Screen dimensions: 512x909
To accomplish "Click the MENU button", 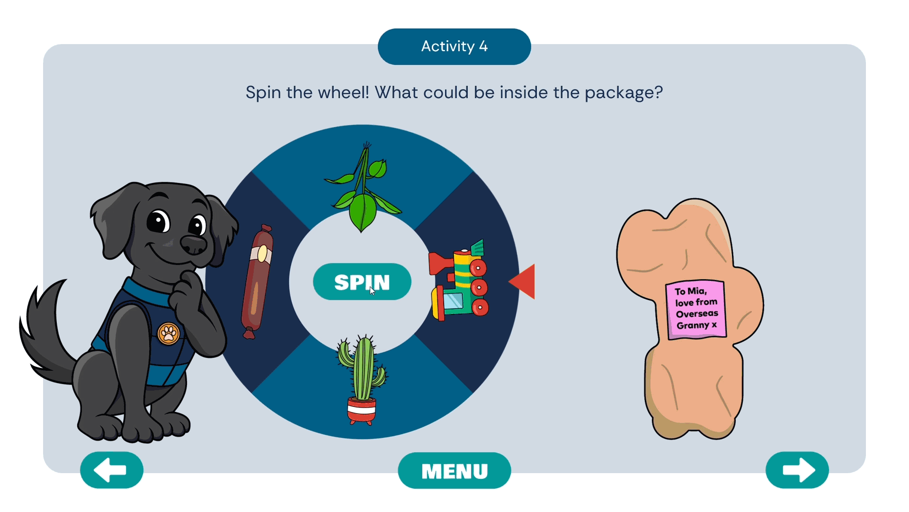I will [x=454, y=471].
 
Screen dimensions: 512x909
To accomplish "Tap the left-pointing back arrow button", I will [x=112, y=470].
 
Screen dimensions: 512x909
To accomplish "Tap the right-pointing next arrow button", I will [x=797, y=470].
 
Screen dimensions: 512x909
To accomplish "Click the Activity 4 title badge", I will [x=454, y=46].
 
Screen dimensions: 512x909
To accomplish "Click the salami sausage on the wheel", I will [x=257, y=282].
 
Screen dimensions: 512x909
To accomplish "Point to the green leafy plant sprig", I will [x=363, y=190].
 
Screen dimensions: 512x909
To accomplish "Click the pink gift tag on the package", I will [x=695, y=309].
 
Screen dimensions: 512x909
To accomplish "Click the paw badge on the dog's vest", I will [x=169, y=333].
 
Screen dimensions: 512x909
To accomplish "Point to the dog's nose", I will [x=194, y=244].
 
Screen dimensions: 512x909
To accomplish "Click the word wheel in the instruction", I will [x=348, y=92].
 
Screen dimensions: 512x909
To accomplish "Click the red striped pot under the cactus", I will [x=362, y=410].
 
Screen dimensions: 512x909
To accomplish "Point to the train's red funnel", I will [x=439, y=263].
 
